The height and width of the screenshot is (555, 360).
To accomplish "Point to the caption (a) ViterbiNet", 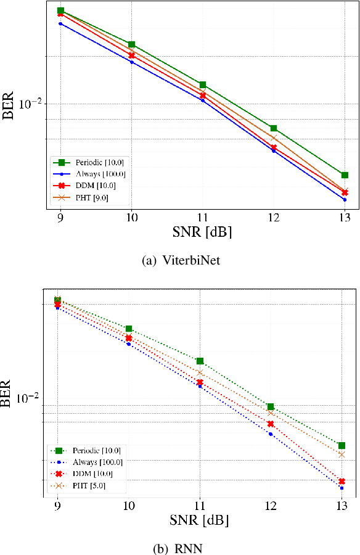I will pyautogui.click(x=180, y=260).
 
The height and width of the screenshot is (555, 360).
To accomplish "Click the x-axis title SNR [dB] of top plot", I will pyautogui.click(x=202, y=233).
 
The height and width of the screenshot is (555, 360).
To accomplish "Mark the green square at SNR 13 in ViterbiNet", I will pyautogui.click(x=345, y=175).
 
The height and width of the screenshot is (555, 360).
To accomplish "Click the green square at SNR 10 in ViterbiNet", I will pyautogui.click(x=131, y=44).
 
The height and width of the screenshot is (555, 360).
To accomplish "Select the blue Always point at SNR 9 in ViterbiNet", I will pyautogui.click(x=60, y=24).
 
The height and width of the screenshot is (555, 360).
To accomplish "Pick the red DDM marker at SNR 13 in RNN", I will pyautogui.click(x=341, y=481).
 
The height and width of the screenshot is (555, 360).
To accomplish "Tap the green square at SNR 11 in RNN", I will pyautogui.click(x=200, y=361).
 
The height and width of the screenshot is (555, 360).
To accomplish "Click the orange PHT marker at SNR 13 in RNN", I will pyautogui.click(x=341, y=454).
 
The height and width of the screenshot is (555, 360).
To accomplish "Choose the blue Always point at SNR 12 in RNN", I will pyautogui.click(x=271, y=434).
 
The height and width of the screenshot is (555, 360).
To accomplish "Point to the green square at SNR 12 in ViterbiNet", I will pyautogui.click(x=273, y=128).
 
